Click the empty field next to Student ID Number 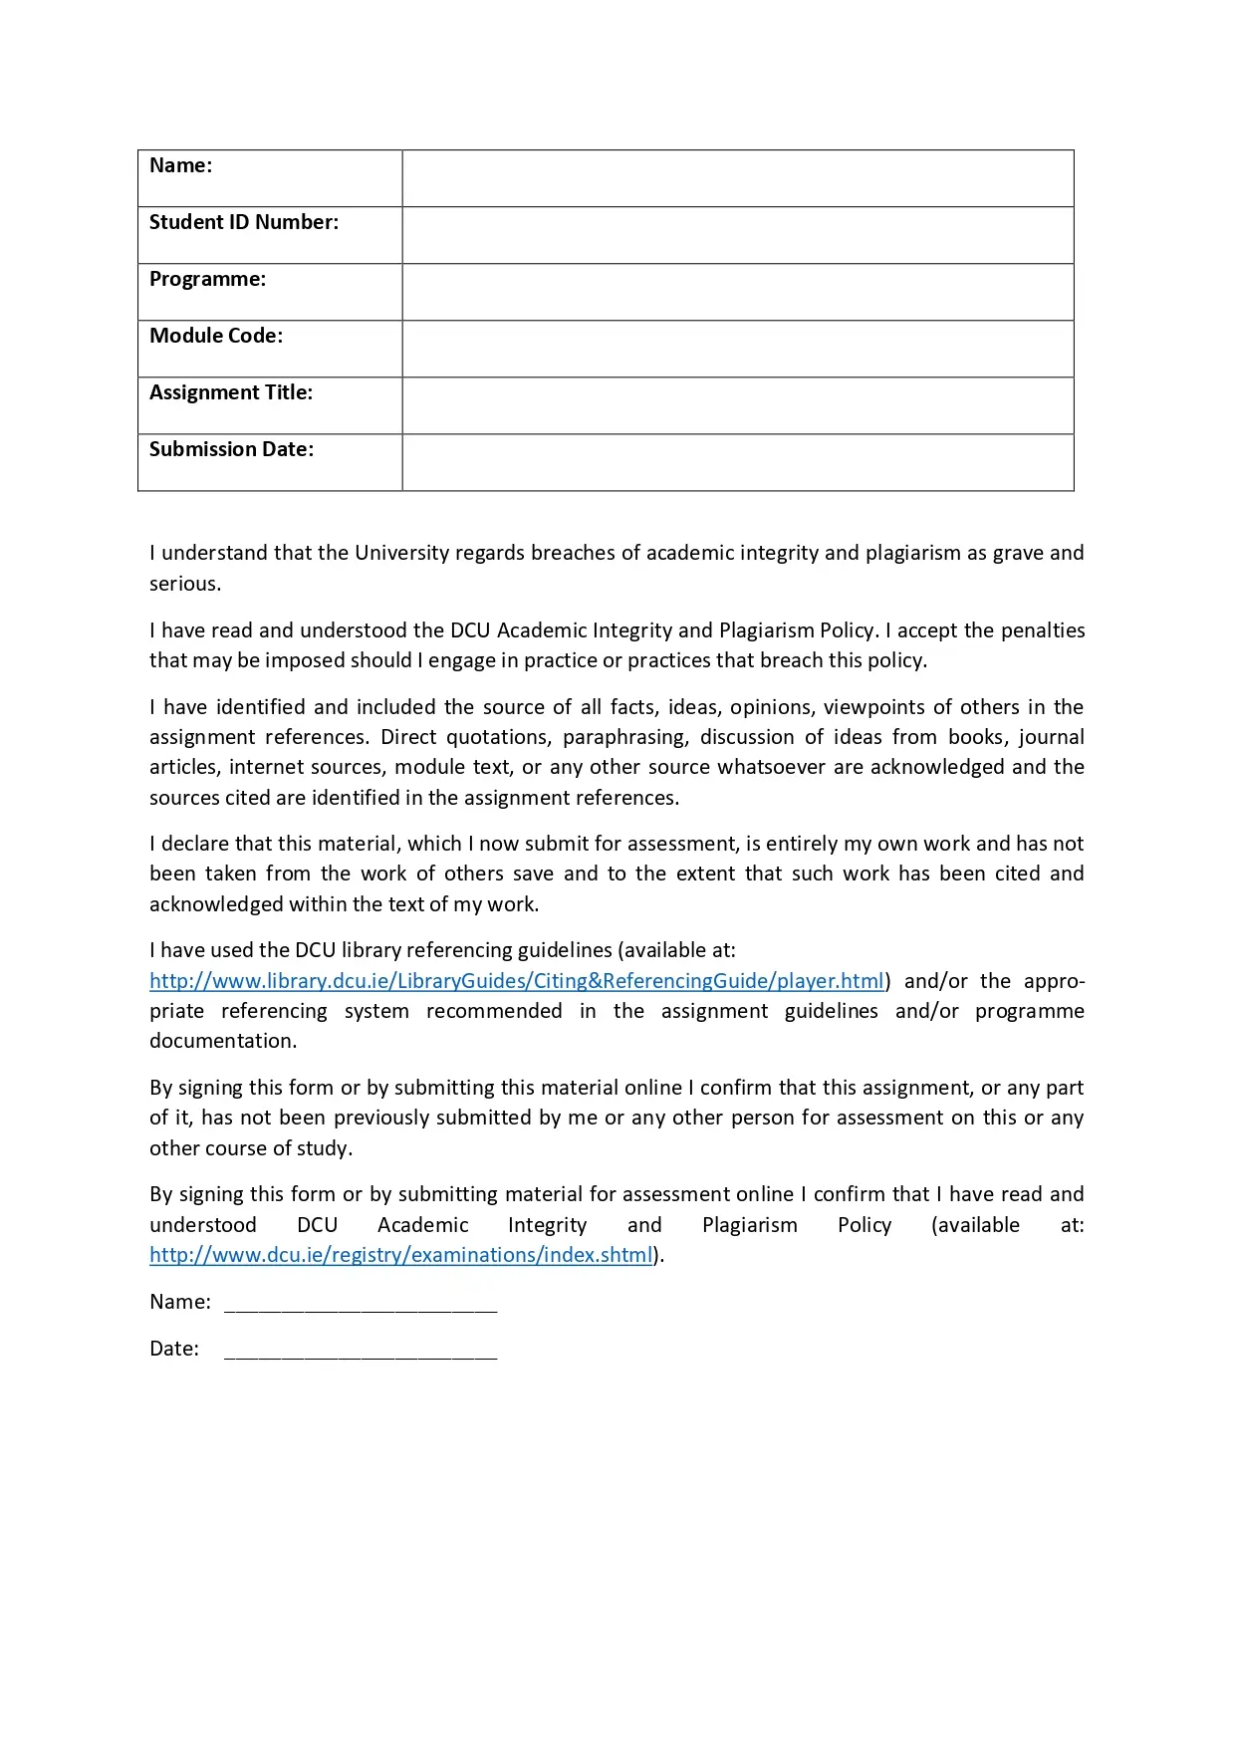point(737,235)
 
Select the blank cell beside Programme point(737,292)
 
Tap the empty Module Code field point(737,349)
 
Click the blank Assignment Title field point(737,405)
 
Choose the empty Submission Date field point(737,462)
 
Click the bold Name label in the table point(180,165)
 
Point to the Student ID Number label point(244,222)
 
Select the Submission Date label point(231,449)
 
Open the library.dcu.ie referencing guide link point(517,981)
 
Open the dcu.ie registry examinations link point(400,1255)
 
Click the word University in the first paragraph point(402,553)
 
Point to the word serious point(184,584)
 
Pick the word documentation point(222,1041)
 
